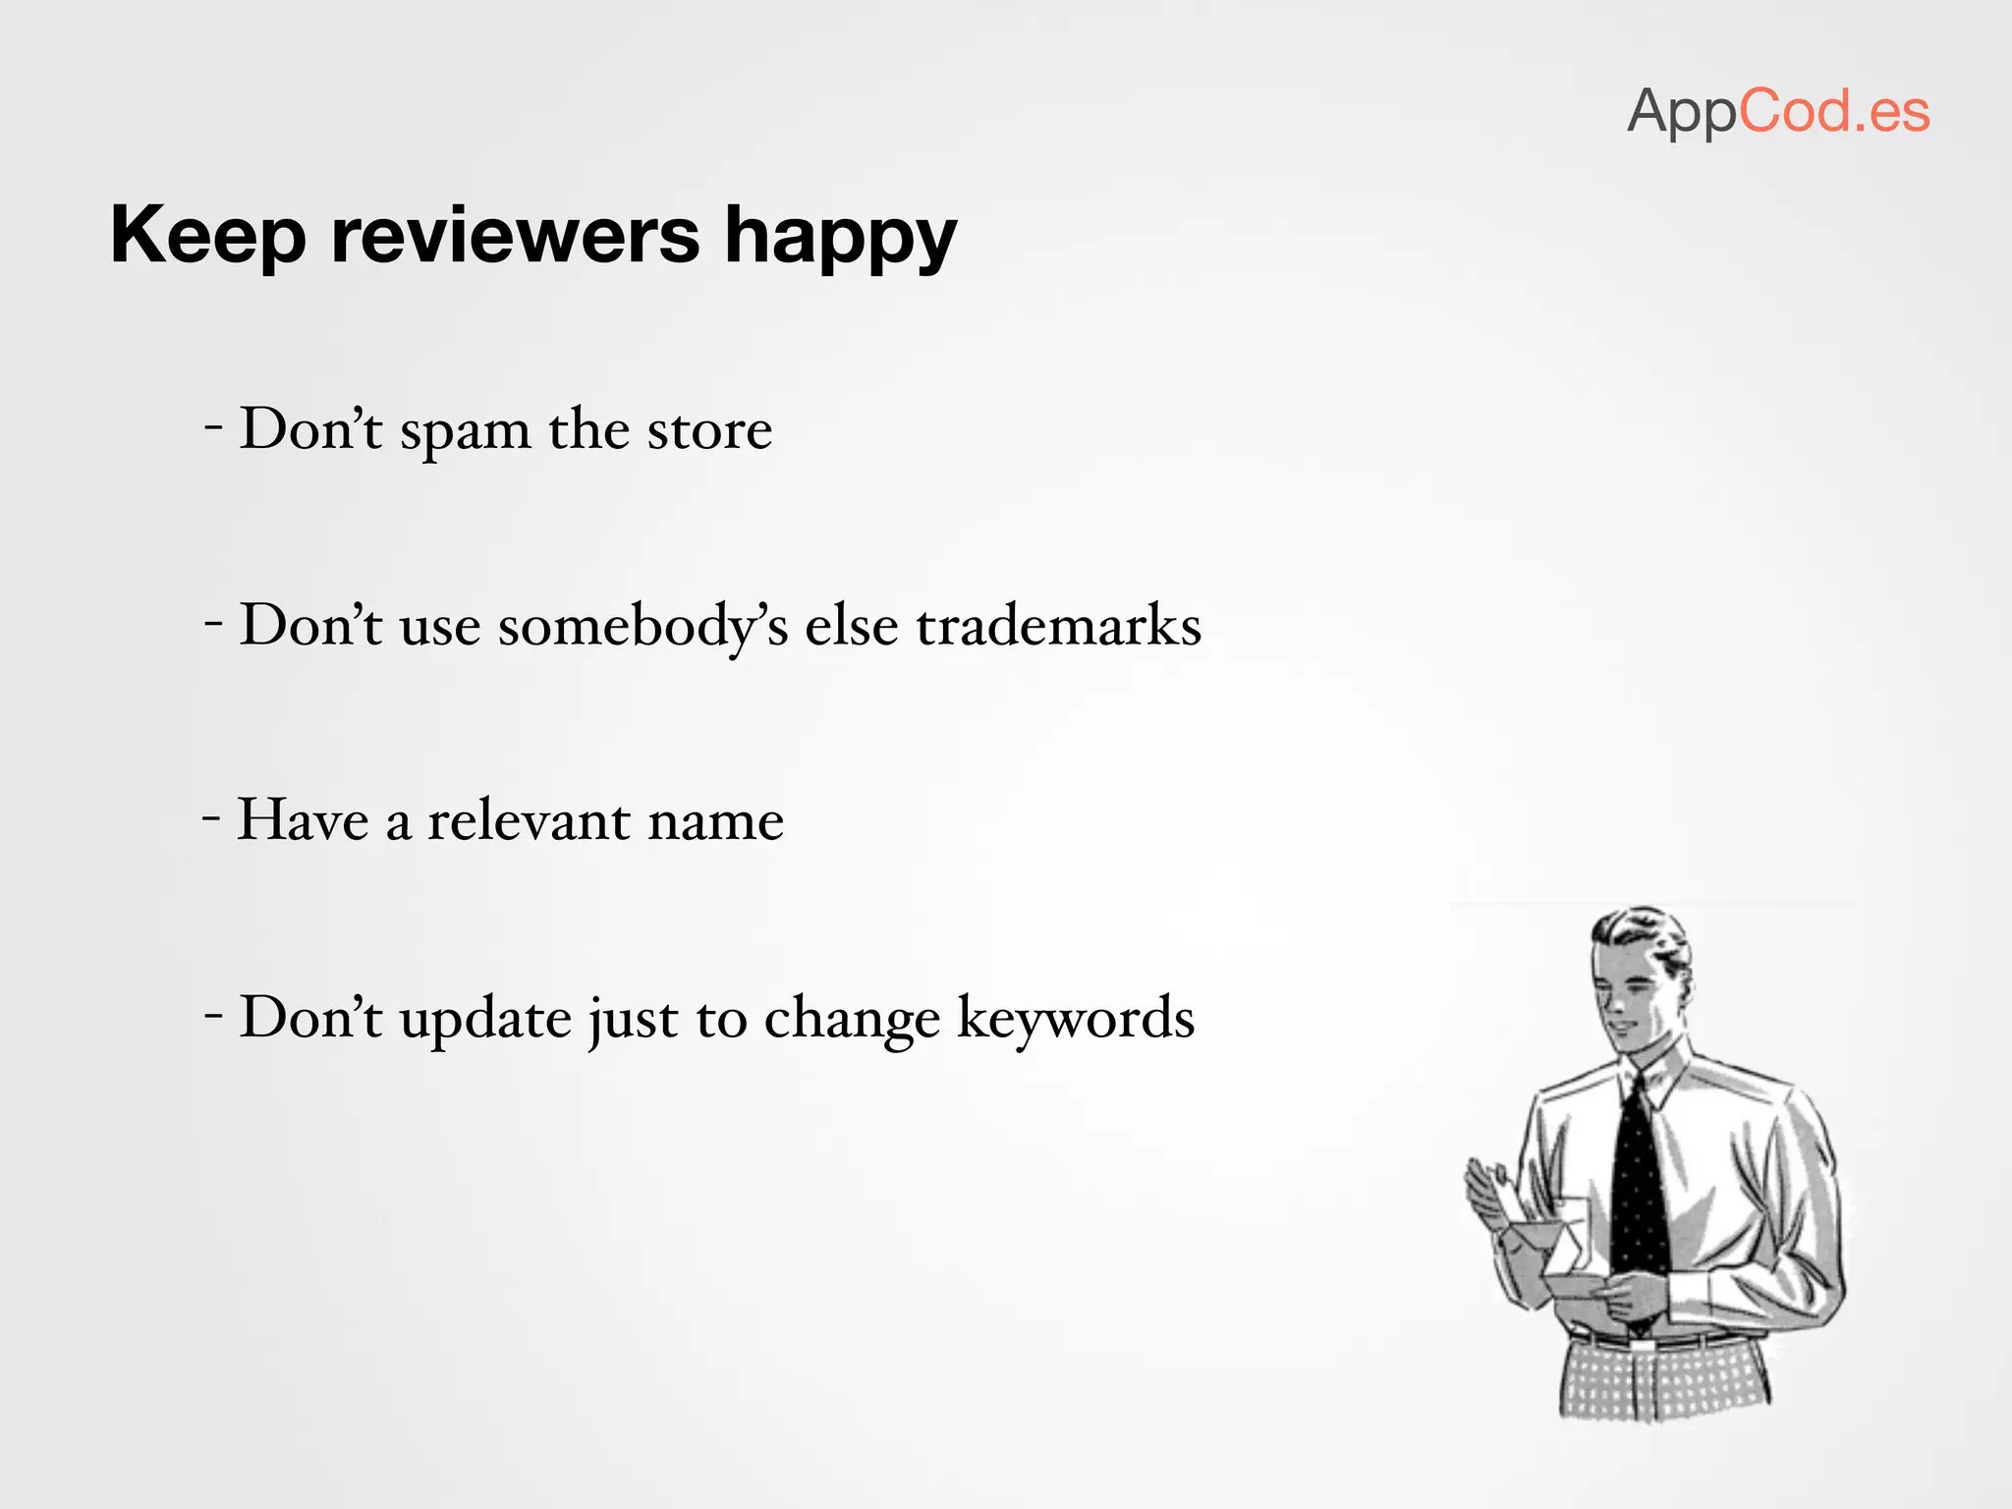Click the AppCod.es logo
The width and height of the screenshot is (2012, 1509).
pos(1778,112)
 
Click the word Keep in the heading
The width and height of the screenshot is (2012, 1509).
pos(207,236)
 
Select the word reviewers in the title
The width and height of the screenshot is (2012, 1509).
pos(515,236)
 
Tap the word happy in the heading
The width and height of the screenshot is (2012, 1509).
pos(840,240)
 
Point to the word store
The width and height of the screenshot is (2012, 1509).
pos(709,430)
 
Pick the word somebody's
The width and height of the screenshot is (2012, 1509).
pos(643,627)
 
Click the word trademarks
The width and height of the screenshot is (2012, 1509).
pos(1058,626)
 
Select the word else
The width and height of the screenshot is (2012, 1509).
pos(851,627)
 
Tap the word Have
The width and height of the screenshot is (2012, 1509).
pos(303,820)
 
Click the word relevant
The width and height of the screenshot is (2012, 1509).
pos(529,820)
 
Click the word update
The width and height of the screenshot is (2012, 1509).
pos(485,1019)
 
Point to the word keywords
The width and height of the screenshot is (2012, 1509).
pos(1076,1018)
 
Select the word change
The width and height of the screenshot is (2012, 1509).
pos(852,1020)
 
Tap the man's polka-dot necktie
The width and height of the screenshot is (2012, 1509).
pos(1638,1179)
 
